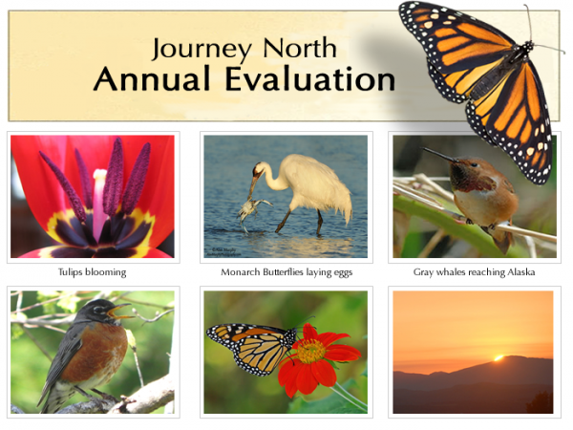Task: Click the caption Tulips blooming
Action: point(93,272)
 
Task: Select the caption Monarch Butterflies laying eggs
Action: point(286,272)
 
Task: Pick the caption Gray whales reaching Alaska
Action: point(474,272)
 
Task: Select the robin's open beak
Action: point(122,311)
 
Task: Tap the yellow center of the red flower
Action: point(308,352)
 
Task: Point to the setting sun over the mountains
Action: point(498,357)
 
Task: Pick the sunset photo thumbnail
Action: point(474,352)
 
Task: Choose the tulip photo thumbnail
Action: point(93,196)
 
